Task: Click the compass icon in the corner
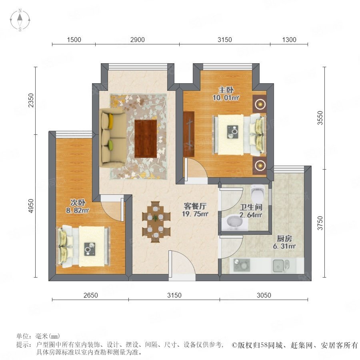(x=20, y=20)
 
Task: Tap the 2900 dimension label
(x=138, y=40)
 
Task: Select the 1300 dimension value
(x=289, y=40)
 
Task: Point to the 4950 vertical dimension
(x=30, y=206)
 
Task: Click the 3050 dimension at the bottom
(x=264, y=295)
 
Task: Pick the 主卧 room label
(x=226, y=90)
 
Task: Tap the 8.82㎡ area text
(x=77, y=210)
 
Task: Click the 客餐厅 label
(x=195, y=206)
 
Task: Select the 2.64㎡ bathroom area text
(x=251, y=215)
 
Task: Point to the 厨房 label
(x=284, y=238)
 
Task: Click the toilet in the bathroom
(x=258, y=193)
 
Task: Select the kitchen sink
(x=281, y=266)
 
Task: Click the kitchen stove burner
(x=242, y=265)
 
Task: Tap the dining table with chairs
(x=156, y=222)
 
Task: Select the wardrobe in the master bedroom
(x=189, y=134)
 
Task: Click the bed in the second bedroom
(x=83, y=246)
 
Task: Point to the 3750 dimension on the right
(x=320, y=223)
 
